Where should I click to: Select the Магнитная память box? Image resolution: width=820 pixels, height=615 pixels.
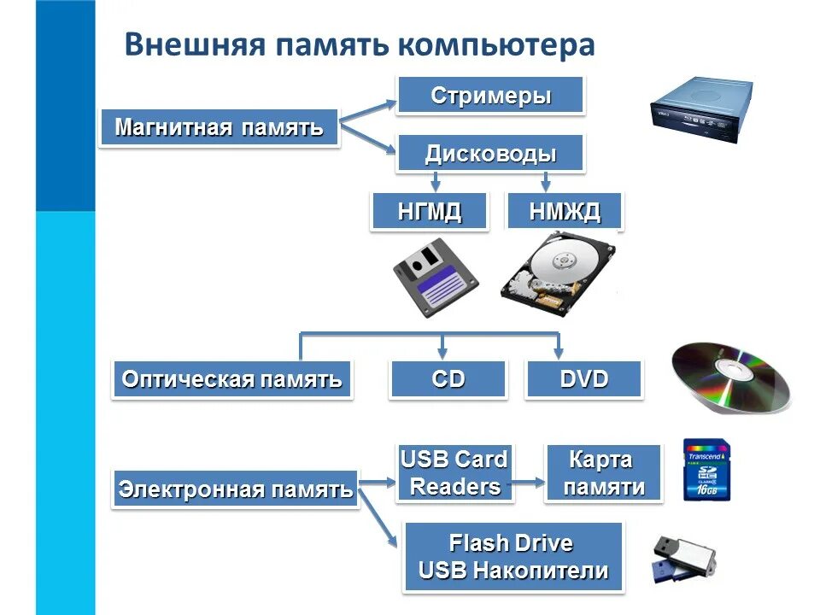219,128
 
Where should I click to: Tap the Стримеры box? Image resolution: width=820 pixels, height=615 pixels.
490,95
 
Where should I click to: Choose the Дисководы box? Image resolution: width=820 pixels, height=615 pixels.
490,154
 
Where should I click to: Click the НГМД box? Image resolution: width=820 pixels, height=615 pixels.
430,211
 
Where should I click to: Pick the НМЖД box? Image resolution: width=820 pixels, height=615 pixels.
565,211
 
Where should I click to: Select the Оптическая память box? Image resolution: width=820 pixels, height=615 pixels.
231,379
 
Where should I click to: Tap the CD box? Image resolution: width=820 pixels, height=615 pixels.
448,379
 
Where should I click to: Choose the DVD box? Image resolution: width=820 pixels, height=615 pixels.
584,379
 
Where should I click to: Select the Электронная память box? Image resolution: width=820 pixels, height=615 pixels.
235,489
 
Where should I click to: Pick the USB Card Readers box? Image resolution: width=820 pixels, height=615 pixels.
454,473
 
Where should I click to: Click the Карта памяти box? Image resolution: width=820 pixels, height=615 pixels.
603,473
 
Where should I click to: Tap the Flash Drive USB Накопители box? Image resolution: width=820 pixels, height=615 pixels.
513,557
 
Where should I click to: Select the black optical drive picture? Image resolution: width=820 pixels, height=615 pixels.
700,110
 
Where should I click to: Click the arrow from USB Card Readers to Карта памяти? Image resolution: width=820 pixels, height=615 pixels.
529,482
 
